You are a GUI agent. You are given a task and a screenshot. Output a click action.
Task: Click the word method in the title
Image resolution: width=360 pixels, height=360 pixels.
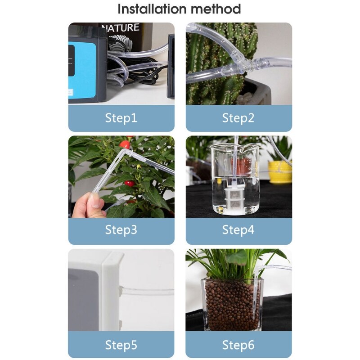tap(216, 9)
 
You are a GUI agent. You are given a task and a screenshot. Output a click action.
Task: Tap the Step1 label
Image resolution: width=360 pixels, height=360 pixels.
tap(121, 118)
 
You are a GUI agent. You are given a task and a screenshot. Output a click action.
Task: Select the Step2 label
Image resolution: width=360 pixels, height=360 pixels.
tap(238, 118)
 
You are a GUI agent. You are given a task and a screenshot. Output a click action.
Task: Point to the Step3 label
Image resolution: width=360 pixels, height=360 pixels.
tap(121, 230)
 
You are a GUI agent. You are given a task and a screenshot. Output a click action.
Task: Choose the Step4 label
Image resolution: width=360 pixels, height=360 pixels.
tap(238, 230)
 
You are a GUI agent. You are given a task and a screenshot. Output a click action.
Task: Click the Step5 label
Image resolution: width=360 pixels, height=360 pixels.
tap(121, 345)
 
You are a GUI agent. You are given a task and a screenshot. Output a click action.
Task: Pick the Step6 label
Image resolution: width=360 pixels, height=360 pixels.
tap(238, 345)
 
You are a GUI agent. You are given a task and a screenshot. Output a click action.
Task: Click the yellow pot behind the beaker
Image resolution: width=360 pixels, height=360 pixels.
tap(279, 171)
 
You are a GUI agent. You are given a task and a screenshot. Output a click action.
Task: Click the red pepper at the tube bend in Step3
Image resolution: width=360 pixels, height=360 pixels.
tap(125, 145)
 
